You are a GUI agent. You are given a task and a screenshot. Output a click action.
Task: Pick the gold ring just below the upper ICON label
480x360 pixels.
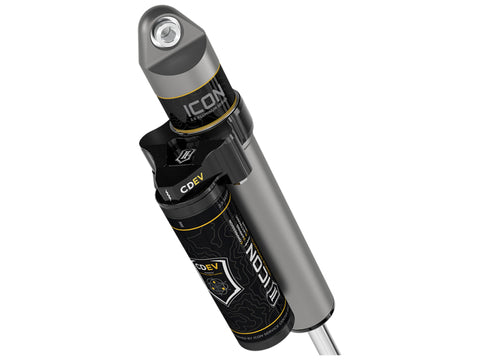(205, 129)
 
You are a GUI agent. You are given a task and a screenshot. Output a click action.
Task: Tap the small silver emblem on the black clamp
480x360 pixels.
(184, 156)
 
